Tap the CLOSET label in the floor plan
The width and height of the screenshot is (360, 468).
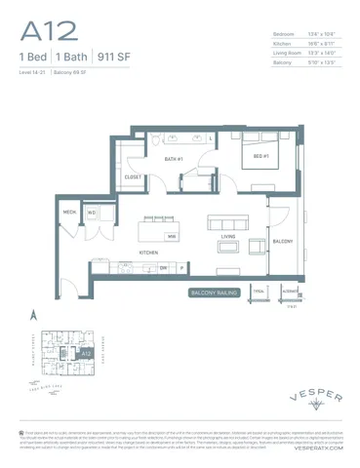click(x=135, y=177)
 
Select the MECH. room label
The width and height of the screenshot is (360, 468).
click(x=70, y=212)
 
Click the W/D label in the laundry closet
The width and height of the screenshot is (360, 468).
click(x=91, y=212)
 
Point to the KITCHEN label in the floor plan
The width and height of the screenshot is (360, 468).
click(x=148, y=252)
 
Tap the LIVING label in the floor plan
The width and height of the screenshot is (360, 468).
click(x=228, y=236)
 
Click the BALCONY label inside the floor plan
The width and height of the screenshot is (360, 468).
click(x=282, y=240)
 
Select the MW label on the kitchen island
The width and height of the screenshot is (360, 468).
click(x=171, y=236)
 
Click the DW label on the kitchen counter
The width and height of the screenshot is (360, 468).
click(x=164, y=267)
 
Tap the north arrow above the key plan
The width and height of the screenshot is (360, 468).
click(x=32, y=314)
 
